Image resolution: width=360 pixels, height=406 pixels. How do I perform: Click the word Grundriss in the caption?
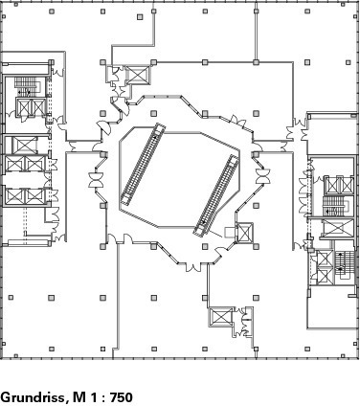click(x=34, y=397)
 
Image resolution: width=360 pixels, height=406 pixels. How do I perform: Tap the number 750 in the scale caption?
click(x=122, y=397)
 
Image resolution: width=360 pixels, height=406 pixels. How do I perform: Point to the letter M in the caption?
click(x=79, y=397)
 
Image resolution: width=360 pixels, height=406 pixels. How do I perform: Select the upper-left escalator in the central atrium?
click(x=143, y=164)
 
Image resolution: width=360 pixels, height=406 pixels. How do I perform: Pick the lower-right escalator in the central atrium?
click(x=216, y=196)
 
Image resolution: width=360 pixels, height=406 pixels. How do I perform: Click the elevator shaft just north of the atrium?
click(x=138, y=75)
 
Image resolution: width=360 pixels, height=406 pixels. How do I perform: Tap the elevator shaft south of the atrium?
click(x=221, y=317)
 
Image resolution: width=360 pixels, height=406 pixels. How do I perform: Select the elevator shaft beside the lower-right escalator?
click(x=244, y=233)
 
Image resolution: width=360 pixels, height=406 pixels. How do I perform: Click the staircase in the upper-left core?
click(x=27, y=86)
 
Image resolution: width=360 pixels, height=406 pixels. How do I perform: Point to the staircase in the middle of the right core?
click(x=334, y=206)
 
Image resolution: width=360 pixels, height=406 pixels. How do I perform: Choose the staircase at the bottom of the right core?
click(x=345, y=265)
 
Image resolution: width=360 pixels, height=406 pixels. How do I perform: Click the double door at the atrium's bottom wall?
click(x=193, y=267)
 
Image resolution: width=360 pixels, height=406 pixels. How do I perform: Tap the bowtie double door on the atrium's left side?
click(x=96, y=180)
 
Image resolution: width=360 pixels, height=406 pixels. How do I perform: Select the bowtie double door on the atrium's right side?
click(x=263, y=176)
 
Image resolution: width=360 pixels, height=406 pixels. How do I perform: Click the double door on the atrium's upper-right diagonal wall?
click(x=237, y=121)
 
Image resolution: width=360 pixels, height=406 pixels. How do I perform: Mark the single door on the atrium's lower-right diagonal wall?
click(x=220, y=252)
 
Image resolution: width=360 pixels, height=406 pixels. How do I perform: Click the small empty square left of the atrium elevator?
click(x=230, y=233)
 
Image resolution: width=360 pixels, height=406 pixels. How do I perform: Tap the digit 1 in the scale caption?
click(x=94, y=397)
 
